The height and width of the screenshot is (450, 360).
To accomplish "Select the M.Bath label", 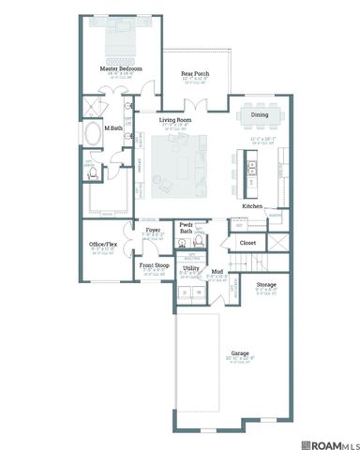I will pyautogui.click(x=114, y=127).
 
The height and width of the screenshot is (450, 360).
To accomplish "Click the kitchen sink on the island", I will pyautogui.click(x=250, y=170).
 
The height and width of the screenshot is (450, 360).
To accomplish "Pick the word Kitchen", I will pyautogui.click(x=251, y=206).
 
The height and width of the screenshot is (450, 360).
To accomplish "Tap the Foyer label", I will pyautogui.click(x=153, y=229).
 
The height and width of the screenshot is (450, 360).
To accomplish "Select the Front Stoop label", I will pyautogui.click(x=154, y=265).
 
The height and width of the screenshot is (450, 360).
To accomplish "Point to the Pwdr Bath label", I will pyautogui.click(x=187, y=228).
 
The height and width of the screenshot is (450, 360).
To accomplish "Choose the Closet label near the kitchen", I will pyautogui.click(x=248, y=242).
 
